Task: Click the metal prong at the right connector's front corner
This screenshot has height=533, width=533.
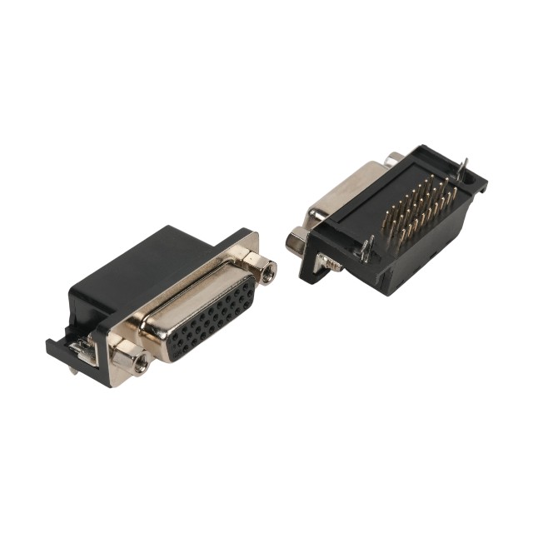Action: (365, 247)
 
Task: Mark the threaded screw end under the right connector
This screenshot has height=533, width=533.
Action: (333, 266)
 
